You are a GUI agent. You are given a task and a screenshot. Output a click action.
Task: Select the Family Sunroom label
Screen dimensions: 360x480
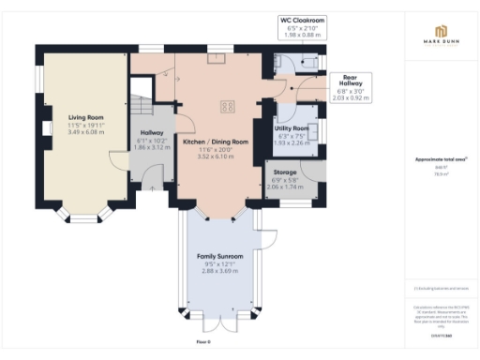coord(220,256)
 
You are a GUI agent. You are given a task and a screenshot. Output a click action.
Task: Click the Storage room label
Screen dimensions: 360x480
coord(285,173)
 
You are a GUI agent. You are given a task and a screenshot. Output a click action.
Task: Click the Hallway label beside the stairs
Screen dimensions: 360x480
coord(151,133)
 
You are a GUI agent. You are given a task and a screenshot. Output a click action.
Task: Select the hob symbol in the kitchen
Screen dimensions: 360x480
coord(227,106)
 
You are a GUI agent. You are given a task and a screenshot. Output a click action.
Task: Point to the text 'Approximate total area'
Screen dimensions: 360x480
coord(440,160)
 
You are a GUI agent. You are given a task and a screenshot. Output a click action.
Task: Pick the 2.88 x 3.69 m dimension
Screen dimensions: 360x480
coord(220,270)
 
